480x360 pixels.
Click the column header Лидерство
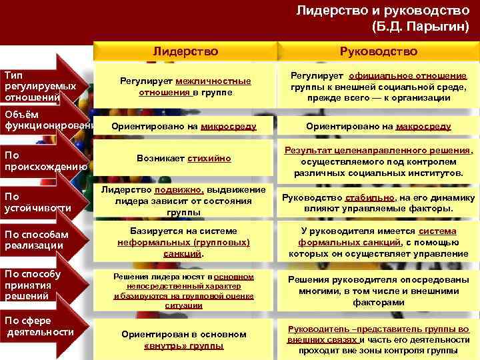[x=185, y=51]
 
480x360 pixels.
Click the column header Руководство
[x=378, y=51]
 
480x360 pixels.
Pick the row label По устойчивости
[x=37, y=202]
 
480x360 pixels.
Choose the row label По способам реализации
[x=37, y=240]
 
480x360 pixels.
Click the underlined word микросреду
[x=228, y=126]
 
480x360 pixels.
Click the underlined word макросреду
[x=423, y=126]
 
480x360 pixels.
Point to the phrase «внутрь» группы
[x=184, y=346]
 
